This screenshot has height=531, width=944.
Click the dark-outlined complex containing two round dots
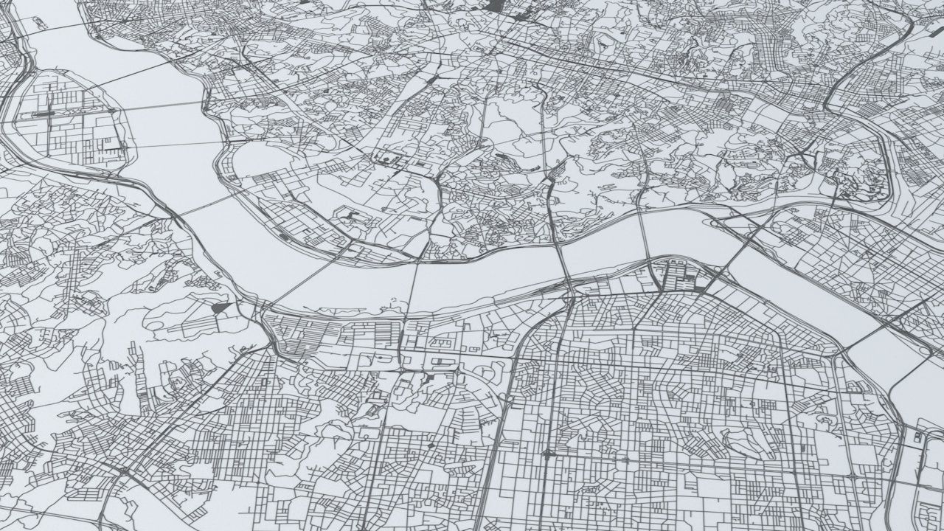point(439,361)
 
